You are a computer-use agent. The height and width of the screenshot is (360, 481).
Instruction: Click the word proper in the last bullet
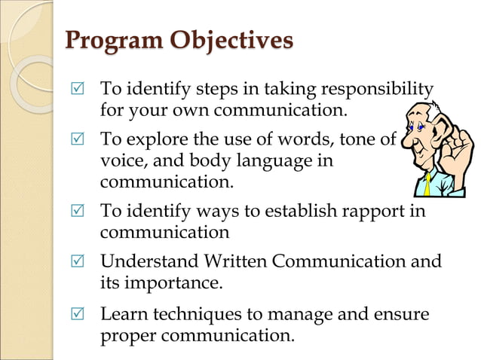pyautogui.click(x=126, y=335)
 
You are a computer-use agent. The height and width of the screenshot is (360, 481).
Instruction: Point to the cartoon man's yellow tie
pyautogui.click(x=427, y=183)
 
